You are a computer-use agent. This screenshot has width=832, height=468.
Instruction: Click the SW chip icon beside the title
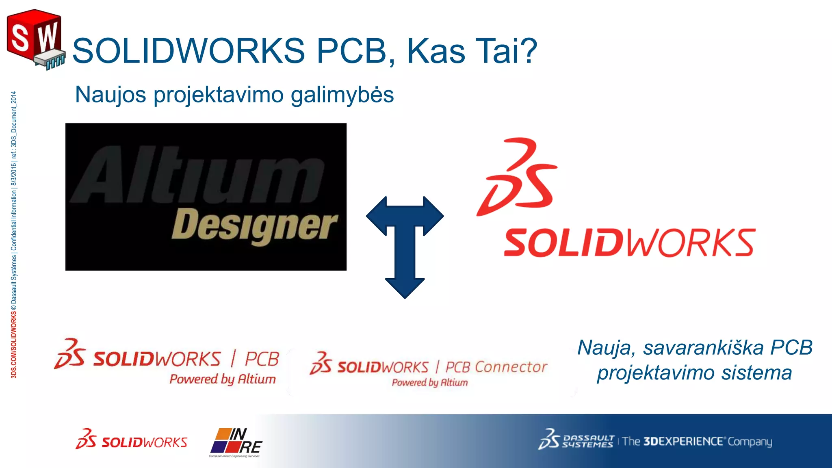[36, 40]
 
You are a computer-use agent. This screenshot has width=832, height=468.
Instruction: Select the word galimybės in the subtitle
[342, 95]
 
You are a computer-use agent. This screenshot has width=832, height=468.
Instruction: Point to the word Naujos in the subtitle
[110, 95]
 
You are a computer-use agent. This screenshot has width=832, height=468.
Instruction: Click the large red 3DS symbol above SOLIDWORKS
[517, 177]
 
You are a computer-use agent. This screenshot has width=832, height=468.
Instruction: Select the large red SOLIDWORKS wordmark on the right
[629, 243]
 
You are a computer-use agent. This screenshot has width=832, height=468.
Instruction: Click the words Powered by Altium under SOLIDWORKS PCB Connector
[430, 383]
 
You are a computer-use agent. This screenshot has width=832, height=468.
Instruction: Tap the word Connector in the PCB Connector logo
[511, 367]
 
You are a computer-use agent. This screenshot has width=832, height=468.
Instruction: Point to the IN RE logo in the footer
[236, 442]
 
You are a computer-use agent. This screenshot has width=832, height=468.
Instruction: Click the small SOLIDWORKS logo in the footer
[132, 440]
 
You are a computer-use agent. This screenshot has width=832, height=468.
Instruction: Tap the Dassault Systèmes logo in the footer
[576, 440]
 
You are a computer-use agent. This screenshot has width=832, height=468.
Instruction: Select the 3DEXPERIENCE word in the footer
[683, 441]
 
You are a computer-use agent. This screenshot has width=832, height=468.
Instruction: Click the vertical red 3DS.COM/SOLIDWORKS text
[14, 345]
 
